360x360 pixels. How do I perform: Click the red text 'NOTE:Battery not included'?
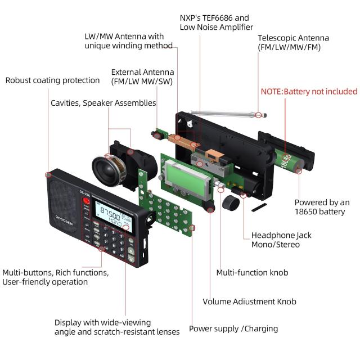click(308, 91)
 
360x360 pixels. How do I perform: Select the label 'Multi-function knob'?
click(252, 272)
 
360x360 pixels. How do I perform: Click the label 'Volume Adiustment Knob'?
click(249, 301)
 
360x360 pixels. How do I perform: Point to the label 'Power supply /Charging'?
click(233, 328)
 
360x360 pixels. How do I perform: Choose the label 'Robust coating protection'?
click(52, 80)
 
